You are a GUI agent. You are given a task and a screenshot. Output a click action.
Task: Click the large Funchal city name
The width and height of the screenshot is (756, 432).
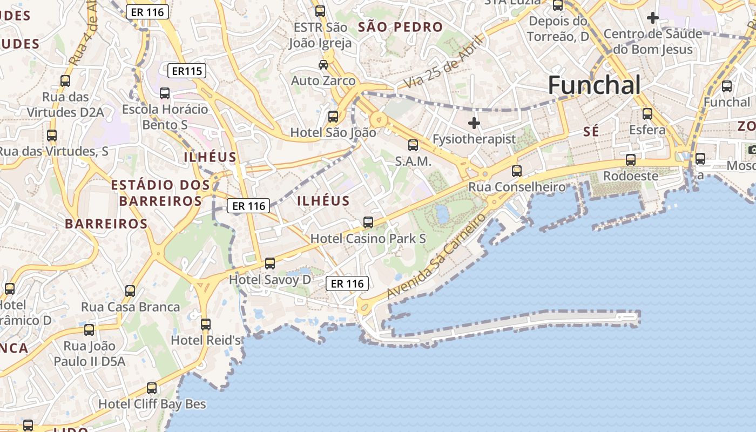[x=595, y=85]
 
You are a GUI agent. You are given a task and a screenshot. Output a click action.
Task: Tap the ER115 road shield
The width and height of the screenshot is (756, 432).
[x=187, y=71]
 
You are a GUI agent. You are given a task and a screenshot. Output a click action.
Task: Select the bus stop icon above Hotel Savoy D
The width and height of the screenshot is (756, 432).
[x=270, y=264]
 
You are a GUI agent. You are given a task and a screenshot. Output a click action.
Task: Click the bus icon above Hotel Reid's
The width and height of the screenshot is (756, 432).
[x=206, y=325]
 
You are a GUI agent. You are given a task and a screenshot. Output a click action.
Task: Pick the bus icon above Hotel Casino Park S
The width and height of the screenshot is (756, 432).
[x=368, y=222]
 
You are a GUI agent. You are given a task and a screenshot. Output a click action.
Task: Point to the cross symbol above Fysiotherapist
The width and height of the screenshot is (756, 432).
[x=474, y=123]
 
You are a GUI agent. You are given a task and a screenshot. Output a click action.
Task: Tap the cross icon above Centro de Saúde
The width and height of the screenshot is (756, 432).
[x=653, y=18]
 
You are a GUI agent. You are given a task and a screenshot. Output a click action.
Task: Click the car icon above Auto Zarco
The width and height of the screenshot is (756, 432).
[x=323, y=65]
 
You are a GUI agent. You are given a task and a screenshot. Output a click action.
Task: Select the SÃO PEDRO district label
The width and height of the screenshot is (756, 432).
[x=400, y=27]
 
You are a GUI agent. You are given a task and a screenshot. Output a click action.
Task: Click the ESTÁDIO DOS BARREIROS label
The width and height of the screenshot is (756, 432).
[x=160, y=193]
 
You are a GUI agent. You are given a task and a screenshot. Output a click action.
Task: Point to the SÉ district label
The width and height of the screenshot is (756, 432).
[x=592, y=131]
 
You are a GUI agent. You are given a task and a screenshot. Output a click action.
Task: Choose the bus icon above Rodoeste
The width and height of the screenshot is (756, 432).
[x=630, y=160]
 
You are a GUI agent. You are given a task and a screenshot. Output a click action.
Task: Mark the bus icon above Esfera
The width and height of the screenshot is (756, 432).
[x=647, y=114]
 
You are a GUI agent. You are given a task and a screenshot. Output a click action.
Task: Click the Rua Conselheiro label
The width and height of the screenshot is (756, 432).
[x=517, y=187]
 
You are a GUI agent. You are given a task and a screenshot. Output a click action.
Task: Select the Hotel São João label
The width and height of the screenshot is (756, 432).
[x=333, y=132]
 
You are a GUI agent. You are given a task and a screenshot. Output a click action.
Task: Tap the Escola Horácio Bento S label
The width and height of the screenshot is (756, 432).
[x=165, y=117]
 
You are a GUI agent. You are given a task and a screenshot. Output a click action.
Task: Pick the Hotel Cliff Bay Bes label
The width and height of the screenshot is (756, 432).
[x=152, y=404]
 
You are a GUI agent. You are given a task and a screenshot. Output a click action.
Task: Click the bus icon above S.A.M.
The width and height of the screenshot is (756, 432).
[x=413, y=145]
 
